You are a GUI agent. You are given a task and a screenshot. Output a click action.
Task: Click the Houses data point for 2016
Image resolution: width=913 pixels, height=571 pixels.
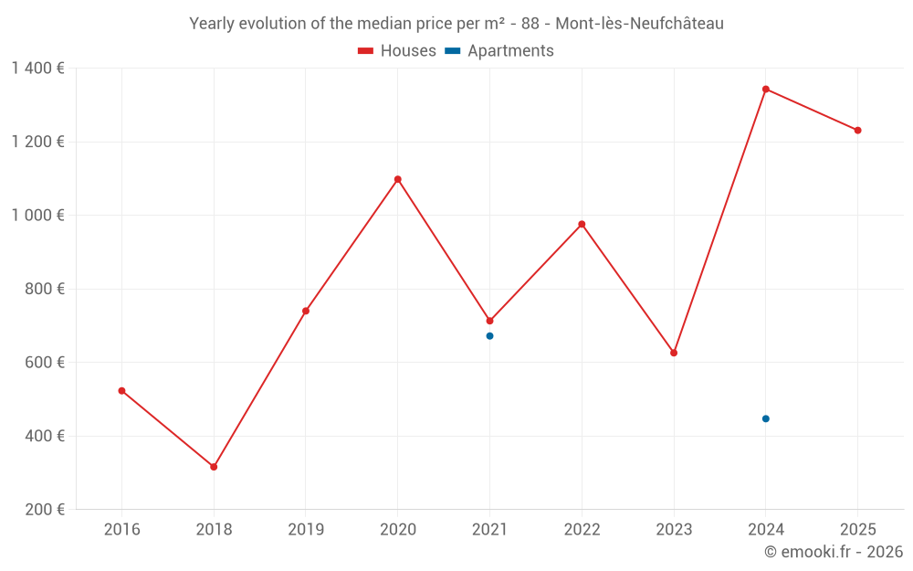coord(121,391)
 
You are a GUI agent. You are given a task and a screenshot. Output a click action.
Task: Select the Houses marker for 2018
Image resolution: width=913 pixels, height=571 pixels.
coord(214,467)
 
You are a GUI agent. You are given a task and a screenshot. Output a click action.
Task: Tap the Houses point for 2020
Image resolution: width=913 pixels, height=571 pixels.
coord(398,179)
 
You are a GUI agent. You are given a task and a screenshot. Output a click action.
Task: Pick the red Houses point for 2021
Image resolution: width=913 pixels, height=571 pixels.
coord(489,321)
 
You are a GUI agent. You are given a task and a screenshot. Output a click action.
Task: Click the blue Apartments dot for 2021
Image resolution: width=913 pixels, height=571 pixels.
coord(489,336)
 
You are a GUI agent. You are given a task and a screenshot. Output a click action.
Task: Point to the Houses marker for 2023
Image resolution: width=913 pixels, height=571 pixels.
coord(674,353)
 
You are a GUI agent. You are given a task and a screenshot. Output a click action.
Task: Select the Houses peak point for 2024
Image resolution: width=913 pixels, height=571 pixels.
coord(766,90)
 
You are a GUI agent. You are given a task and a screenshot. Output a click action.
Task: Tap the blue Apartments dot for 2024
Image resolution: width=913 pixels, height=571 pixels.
coord(766,418)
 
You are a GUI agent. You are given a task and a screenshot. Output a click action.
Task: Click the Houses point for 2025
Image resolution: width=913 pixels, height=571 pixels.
coord(858,131)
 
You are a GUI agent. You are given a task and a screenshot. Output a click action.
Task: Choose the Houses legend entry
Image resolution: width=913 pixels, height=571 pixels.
coord(397,51)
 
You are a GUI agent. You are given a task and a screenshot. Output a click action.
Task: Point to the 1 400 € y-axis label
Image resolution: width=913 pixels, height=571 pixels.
coord(37,69)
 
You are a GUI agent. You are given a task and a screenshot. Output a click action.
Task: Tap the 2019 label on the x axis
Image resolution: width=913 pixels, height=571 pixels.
coord(306,530)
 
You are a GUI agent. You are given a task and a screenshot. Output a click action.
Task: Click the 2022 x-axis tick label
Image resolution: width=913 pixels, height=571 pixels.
coord(582,530)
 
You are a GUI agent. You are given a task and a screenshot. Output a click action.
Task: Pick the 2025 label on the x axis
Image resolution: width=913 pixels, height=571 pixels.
coord(858,530)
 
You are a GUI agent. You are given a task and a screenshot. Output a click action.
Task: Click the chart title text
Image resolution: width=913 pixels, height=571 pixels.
coord(456,24)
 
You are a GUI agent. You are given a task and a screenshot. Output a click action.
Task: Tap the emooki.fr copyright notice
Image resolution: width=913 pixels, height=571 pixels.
coord(834,552)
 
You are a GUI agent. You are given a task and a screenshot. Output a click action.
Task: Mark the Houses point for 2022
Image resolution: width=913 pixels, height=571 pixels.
coord(582,224)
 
